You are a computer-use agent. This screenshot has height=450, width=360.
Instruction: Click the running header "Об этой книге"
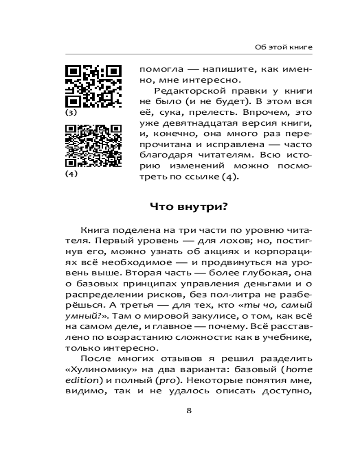tap(283, 47)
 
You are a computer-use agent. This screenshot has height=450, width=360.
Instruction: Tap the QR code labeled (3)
tap(94, 86)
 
